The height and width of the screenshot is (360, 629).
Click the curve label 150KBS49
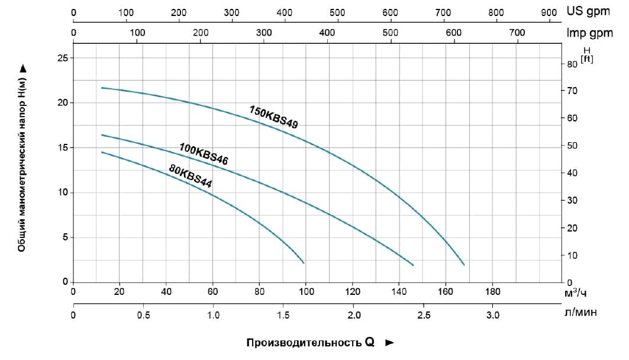point(273,117)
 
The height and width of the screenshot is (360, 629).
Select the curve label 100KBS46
point(204,153)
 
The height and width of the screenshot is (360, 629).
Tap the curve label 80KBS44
point(191,176)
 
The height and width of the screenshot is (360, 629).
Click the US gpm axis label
point(588,11)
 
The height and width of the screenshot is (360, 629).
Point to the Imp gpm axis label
point(589,33)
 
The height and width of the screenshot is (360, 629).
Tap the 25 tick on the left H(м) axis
point(62,58)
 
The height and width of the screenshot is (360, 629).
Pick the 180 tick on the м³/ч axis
point(492,291)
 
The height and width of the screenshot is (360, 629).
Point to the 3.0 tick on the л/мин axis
point(492,314)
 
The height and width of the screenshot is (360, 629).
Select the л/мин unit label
point(580,314)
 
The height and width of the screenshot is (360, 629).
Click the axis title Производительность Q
point(311,343)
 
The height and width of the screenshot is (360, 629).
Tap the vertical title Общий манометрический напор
point(22,159)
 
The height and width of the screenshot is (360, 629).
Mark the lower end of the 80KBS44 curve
point(304,263)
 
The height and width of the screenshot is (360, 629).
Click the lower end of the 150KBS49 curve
point(465,265)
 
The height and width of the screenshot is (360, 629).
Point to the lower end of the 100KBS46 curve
point(413,265)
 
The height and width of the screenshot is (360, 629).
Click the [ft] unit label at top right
point(587,58)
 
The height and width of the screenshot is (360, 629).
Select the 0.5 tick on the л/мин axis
point(143,314)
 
